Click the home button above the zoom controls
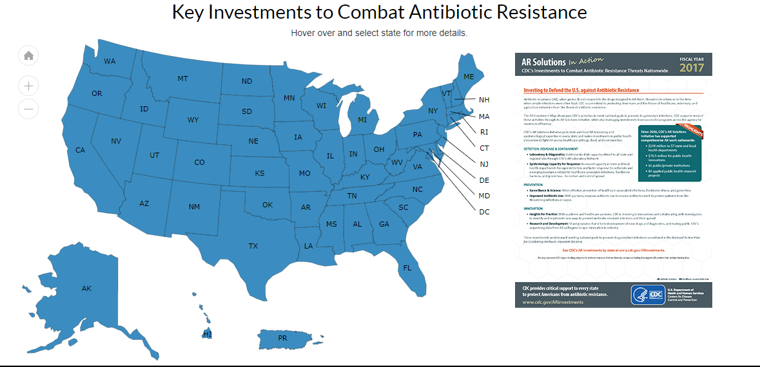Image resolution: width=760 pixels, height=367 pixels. pyautogui.click(x=28, y=55)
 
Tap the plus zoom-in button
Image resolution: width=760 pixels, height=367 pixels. pyautogui.click(x=28, y=85)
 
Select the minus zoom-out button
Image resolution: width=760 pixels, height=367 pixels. pyautogui.click(x=28, y=109)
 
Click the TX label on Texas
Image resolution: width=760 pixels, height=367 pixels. pyautogui.click(x=253, y=246)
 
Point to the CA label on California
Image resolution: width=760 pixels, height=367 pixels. pyautogui.click(x=81, y=150)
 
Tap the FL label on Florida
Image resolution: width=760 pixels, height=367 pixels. pyautogui.click(x=407, y=267)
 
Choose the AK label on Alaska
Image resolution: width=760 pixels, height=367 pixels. pyautogui.click(x=86, y=288)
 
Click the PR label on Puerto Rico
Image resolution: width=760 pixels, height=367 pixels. pyautogui.click(x=282, y=338)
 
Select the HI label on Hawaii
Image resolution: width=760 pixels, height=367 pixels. pyautogui.click(x=208, y=334)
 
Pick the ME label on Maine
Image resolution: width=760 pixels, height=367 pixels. pyautogui.click(x=469, y=77)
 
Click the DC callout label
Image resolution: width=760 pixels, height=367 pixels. pyautogui.click(x=485, y=212)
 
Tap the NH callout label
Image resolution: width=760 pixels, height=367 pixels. pyautogui.click(x=484, y=100)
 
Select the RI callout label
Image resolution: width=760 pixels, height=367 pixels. pyautogui.click(x=484, y=132)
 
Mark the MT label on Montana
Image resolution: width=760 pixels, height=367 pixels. pyautogui.click(x=182, y=79)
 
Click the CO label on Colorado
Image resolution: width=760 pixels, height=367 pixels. pyautogui.click(x=199, y=162)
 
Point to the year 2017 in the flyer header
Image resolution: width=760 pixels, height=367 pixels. pyautogui.click(x=692, y=67)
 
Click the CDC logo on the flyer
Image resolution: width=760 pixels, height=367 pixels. pyautogui.click(x=648, y=295)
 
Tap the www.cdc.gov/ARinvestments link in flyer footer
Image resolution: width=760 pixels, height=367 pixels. pyautogui.click(x=552, y=301)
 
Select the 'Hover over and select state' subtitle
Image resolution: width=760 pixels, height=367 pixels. pyautogui.click(x=379, y=33)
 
